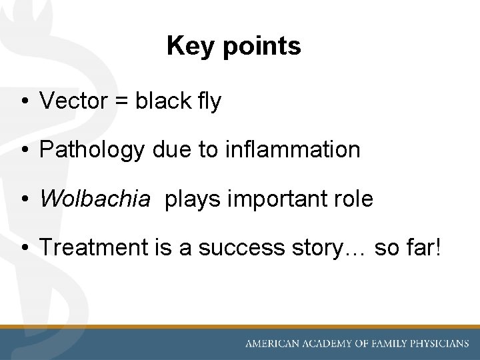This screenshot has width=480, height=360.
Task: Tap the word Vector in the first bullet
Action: tap(73, 101)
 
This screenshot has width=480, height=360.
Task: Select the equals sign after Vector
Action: tap(121, 102)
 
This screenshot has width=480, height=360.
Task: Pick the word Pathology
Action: tap(91, 150)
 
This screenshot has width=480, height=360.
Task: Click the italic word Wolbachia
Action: tap(95, 199)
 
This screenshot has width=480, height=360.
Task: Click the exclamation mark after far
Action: tap(437, 247)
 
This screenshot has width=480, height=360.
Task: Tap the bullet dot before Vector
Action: tap(23, 102)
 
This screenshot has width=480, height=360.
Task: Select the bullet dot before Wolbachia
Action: tap(23, 199)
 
